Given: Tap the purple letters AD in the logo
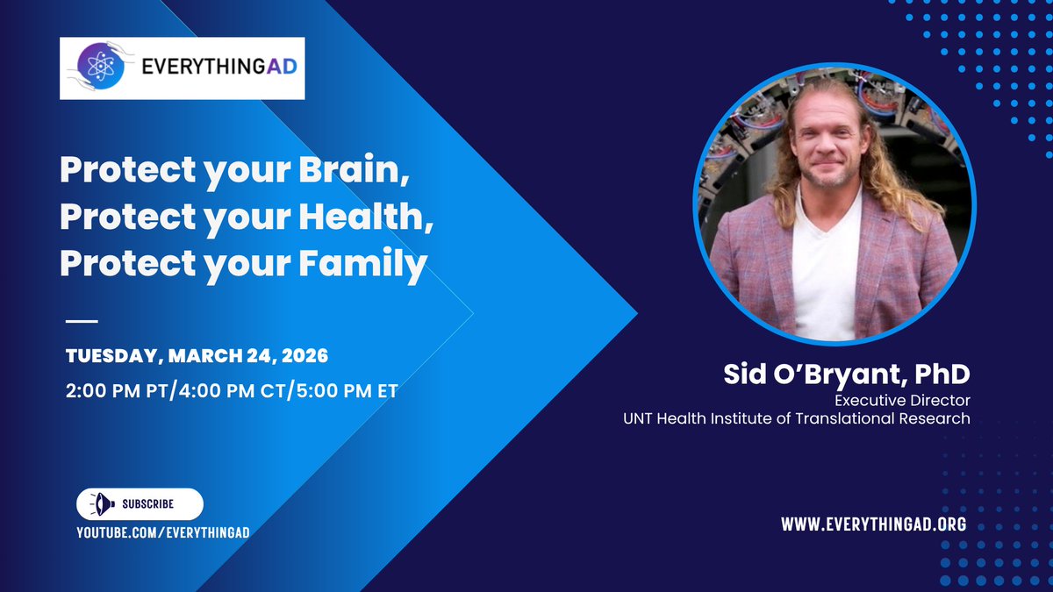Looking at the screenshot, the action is click(x=282, y=67).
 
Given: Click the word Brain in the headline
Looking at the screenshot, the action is click(x=354, y=169).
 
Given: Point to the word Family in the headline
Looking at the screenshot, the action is click(x=363, y=264).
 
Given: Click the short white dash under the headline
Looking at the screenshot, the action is click(x=82, y=321).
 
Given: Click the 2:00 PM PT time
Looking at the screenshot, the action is click(x=117, y=391).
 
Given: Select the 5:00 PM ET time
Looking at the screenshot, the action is click(x=347, y=391).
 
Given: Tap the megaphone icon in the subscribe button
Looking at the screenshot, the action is click(x=102, y=504).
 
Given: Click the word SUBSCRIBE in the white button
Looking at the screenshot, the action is click(x=148, y=504).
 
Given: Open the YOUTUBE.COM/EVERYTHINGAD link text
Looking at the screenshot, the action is click(x=163, y=532).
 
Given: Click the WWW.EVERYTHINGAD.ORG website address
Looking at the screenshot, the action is click(x=874, y=524).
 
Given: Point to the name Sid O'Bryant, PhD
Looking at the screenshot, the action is click(x=847, y=374).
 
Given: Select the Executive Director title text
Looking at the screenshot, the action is click(x=903, y=400).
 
